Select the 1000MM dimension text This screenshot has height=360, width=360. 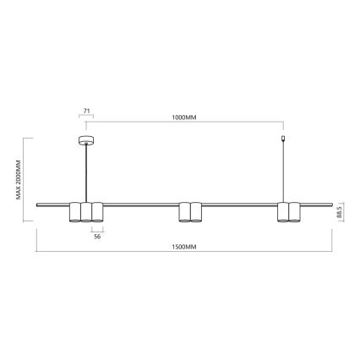pos(184,118)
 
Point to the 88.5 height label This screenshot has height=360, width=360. pos(339,213)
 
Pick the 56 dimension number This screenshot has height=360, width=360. pos(97,238)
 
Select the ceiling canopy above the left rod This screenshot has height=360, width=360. pos(85,139)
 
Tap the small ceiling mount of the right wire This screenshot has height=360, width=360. pos(283,139)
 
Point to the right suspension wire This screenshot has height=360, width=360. pos(283,173)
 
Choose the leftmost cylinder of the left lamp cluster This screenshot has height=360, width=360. pos(75,212)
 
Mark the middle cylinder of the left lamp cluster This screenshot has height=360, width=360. pos(86,212)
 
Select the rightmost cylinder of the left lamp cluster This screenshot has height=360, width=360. pos(97,212)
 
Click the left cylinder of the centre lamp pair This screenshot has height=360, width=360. pos(184,212)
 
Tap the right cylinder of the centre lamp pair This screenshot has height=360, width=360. pos(195,212)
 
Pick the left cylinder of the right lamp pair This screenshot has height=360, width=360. pos(283,212)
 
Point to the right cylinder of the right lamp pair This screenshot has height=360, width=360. pos(294,212)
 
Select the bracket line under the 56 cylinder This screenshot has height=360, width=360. pos(97,228)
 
